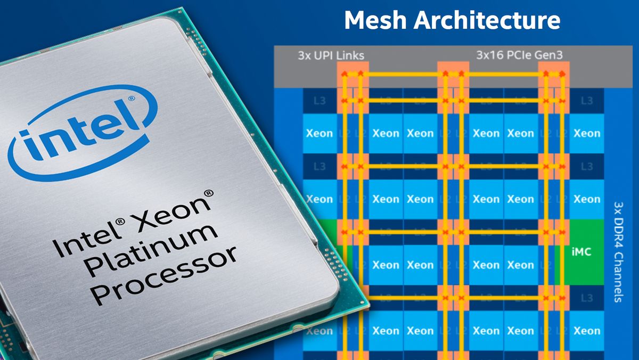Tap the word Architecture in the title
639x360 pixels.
(487, 20)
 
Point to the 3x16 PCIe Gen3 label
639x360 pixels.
(511, 55)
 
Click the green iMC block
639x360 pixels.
(580, 252)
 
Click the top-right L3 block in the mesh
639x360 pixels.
(587, 101)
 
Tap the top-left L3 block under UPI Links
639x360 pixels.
(319, 101)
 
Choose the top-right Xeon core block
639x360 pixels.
(587, 133)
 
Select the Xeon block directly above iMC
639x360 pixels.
(587, 199)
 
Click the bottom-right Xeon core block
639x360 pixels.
(587, 331)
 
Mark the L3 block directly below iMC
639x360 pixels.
(587, 298)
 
